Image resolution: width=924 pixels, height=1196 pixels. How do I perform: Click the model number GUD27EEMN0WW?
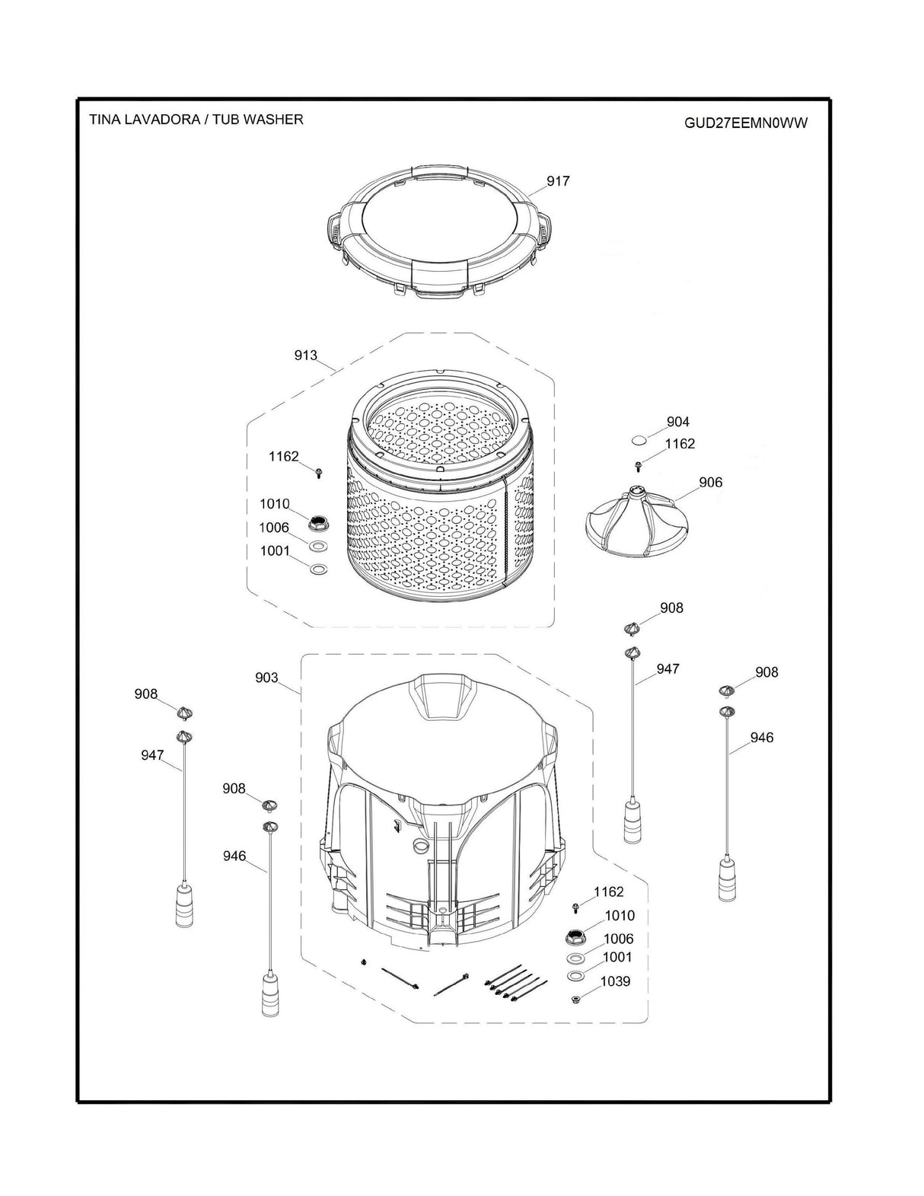[745, 123]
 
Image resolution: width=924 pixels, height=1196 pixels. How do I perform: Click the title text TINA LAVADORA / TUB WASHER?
[196, 120]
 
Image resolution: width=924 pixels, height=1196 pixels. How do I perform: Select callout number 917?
[558, 181]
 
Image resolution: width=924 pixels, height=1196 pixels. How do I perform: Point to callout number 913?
[306, 355]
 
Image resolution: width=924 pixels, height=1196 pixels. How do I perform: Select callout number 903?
[266, 678]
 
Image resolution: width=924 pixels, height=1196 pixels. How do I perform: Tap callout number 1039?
[615, 981]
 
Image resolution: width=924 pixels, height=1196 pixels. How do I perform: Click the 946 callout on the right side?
[761, 737]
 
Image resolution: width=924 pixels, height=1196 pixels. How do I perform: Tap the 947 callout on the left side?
[152, 755]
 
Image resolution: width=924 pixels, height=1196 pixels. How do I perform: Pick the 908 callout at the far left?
[146, 694]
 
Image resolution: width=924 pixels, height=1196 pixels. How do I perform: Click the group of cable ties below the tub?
[515, 983]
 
